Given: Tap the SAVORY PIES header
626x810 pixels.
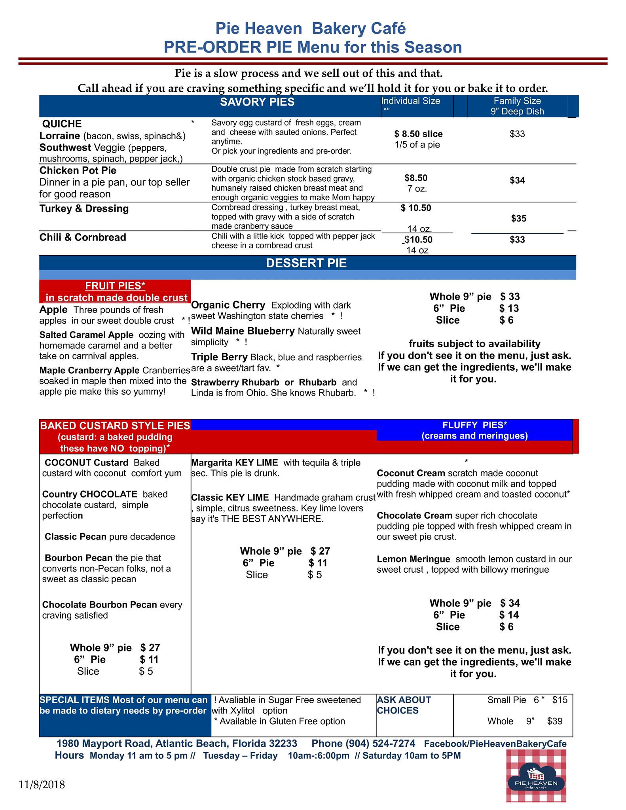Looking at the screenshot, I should coord(257,102).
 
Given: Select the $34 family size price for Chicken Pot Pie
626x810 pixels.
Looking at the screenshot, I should coord(517,181).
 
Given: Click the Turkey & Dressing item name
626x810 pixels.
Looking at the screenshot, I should coord(84,209).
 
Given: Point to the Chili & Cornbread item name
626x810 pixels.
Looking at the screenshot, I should coord(83,237).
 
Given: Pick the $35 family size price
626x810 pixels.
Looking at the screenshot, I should coord(518,219).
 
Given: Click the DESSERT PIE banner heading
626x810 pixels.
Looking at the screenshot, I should coord(306,263).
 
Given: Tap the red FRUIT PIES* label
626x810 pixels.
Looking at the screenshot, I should coord(115,286).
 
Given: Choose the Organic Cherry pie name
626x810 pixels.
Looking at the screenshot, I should coord(228,305).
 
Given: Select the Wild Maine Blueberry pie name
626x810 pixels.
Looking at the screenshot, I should coord(243,331).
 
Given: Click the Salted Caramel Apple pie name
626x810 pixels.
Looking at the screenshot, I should coord(86,335).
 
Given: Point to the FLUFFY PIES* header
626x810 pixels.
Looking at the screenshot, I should coord(474,426).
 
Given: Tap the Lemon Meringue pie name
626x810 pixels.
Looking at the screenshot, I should coord(413,559).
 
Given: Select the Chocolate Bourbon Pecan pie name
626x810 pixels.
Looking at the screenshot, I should coord(99,605).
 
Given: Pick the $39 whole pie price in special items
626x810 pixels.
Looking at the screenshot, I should coord(554,721).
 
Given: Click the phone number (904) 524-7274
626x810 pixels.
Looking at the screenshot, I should coord(380,744).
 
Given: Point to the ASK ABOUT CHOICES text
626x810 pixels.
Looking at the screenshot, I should coord(404,705).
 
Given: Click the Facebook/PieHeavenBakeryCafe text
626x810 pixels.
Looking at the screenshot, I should coord(495,744).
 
